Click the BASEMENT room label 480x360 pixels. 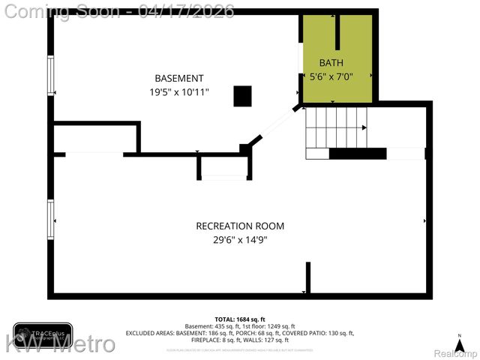pyautogui.click(x=178, y=79)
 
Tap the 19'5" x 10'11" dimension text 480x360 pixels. pyautogui.click(x=178, y=92)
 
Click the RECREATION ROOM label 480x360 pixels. pyautogui.click(x=240, y=226)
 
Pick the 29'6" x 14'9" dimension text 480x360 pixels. pyautogui.click(x=240, y=240)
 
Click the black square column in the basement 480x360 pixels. pyautogui.click(x=242, y=96)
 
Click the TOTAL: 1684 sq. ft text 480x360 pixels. pyautogui.click(x=240, y=319)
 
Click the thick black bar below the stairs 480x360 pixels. pyautogui.click(x=358, y=154)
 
